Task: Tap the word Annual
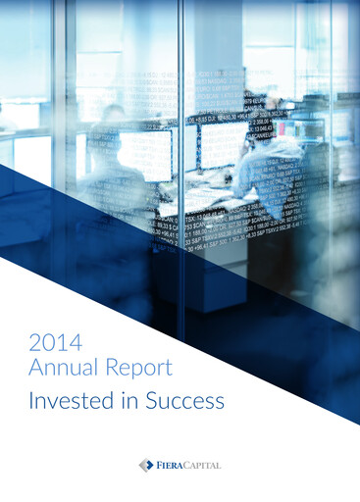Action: click(63, 369)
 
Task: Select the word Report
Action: click(139, 369)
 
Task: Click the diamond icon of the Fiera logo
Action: click(146, 464)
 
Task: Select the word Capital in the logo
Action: click(203, 464)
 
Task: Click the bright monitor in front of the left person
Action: click(144, 155)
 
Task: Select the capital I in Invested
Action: click(31, 401)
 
